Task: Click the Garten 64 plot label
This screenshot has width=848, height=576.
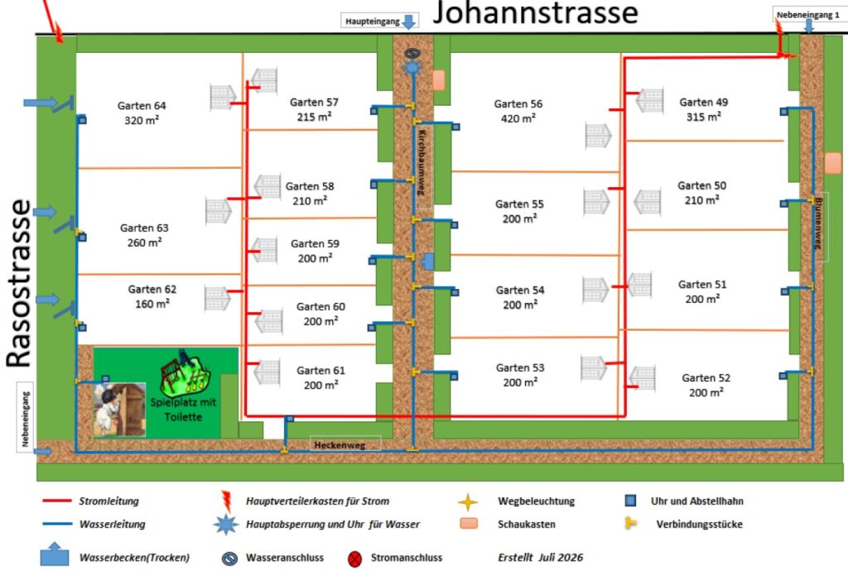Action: point(142,113)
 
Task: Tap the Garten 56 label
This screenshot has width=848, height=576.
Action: point(518,111)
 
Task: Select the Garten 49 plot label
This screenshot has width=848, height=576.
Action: point(704,109)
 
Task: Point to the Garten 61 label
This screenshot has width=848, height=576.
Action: point(320,377)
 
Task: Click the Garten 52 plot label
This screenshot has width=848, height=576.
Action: point(706,385)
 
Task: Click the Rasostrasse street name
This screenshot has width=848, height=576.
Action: point(19,284)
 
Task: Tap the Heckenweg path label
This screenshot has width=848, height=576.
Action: point(340,445)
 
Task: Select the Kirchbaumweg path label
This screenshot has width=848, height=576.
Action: point(422,162)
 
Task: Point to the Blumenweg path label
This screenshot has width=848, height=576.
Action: point(818,223)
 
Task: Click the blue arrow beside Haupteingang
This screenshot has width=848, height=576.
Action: point(409,22)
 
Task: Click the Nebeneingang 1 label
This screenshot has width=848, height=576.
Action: point(808,15)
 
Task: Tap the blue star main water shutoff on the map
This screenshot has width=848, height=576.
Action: point(412,68)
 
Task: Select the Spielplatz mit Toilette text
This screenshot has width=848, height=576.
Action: point(183,410)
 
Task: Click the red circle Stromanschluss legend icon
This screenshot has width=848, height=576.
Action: point(354,559)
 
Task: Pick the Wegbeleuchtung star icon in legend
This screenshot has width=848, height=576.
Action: point(468,502)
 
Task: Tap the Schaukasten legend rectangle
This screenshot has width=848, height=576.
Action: point(469,524)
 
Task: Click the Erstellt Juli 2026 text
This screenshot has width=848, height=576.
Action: point(540,557)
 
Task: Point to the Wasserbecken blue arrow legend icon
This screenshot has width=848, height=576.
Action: point(54,554)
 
